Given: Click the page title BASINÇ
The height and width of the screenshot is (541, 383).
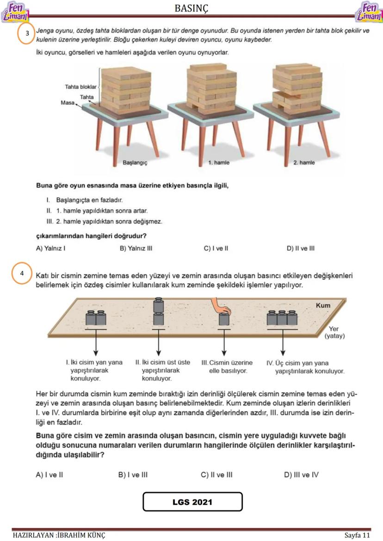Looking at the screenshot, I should point(191,8).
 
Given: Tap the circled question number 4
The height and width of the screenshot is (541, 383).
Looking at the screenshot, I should point(22,273).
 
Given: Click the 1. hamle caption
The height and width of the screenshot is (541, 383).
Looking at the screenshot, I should point(218,163).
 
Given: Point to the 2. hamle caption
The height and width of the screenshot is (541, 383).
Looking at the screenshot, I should point(304,163).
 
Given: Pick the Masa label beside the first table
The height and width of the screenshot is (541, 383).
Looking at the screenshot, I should point(68,103).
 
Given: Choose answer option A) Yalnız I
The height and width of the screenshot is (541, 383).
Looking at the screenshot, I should point(50,249).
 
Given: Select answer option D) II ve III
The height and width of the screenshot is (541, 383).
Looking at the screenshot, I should point(301,249).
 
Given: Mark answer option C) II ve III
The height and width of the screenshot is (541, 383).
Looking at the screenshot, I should point(216,474).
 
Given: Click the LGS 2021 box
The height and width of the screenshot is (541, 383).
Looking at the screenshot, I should point(192,502).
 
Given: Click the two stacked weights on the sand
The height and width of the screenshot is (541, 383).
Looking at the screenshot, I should point(159,313).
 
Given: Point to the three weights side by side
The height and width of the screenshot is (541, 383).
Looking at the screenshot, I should point(282,318).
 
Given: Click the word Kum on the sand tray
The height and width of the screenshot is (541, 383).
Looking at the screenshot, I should point(323,306).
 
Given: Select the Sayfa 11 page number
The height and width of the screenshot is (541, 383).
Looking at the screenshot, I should point(357,535).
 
